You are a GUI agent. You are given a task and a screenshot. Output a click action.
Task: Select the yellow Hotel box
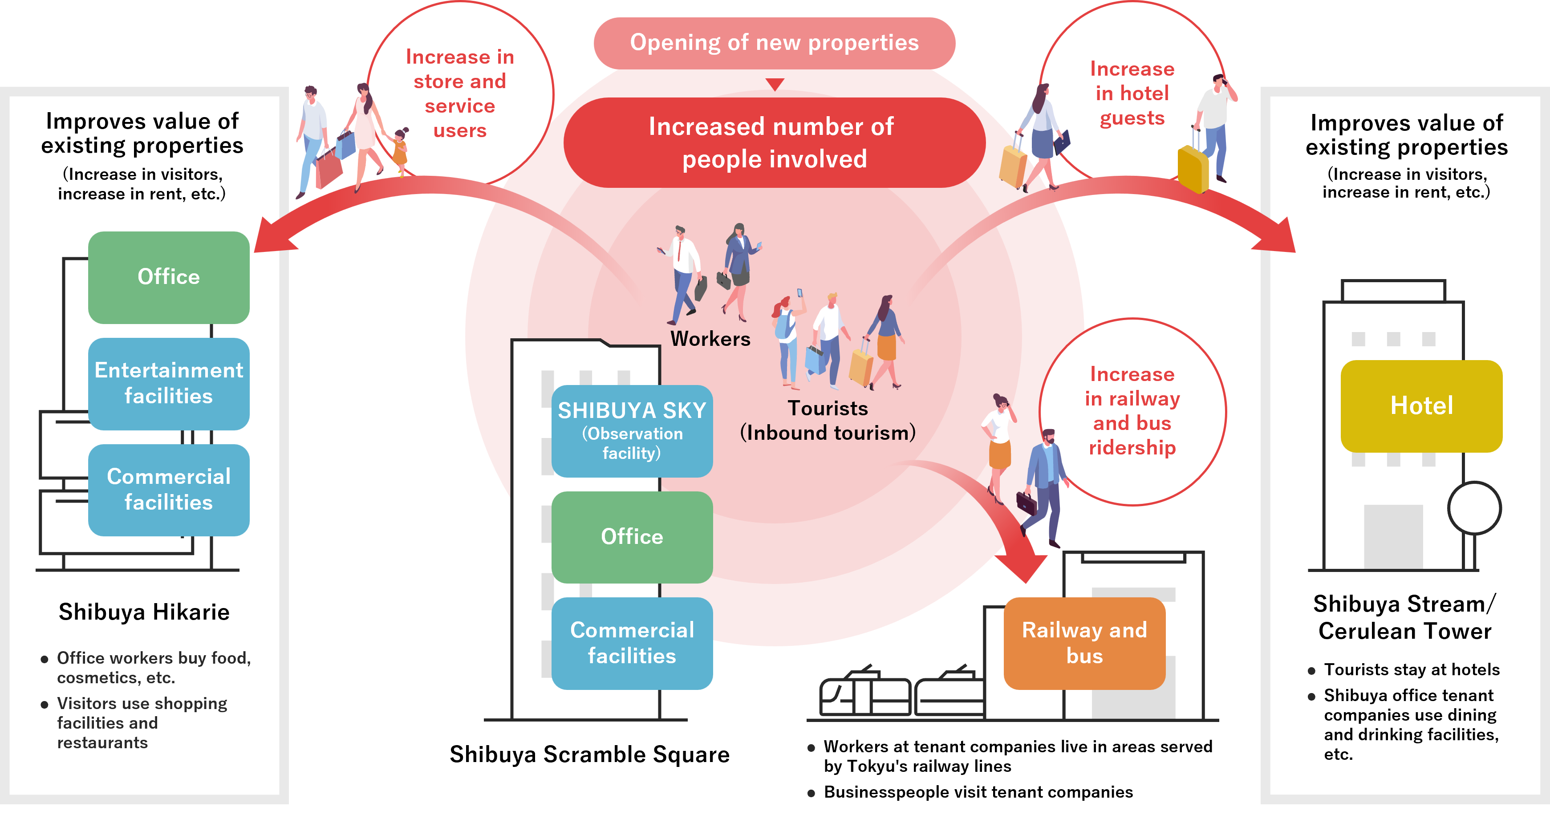pyautogui.click(x=1421, y=406)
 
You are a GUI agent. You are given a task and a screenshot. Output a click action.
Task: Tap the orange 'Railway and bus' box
pyautogui.click(x=1084, y=643)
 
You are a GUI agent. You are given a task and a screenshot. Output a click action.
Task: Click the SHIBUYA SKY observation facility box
pyautogui.click(x=632, y=431)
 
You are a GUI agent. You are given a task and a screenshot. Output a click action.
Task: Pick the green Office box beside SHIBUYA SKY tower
pyautogui.click(x=632, y=536)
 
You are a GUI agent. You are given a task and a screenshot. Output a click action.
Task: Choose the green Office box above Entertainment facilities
pyautogui.click(x=168, y=277)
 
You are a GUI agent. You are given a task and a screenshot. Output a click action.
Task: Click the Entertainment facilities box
pyautogui.click(x=168, y=383)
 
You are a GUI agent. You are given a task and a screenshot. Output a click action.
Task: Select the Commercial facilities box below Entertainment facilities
pyautogui.click(x=168, y=490)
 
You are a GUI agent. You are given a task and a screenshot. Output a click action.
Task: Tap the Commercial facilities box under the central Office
pyautogui.click(x=632, y=643)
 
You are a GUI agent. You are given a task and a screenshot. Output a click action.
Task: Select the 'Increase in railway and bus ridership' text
pyautogui.click(x=1132, y=411)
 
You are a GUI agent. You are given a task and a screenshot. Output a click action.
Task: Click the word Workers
pyautogui.click(x=710, y=339)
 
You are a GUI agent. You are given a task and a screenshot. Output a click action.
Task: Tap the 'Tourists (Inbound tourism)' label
pyautogui.click(x=828, y=421)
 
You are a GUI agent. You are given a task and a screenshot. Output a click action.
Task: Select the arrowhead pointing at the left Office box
pyautogui.click(x=271, y=238)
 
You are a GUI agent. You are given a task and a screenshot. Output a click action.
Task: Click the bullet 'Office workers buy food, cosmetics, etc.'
pyautogui.click(x=154, y=668)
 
